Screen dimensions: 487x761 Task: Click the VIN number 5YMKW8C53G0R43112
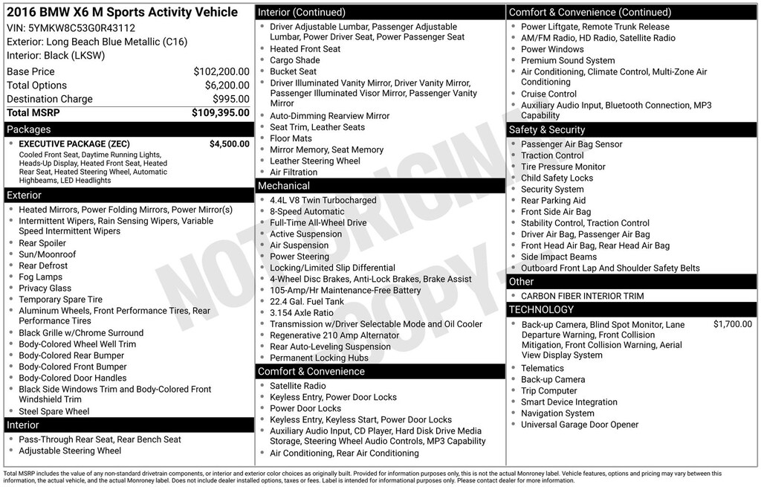click(x=82, y=28)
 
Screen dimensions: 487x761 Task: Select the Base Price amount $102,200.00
click(x=221, y=71)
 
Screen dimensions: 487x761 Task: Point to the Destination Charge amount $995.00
click(x=230, y=99)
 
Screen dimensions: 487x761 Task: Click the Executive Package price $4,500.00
click(x=229, y=144)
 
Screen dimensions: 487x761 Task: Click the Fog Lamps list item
click(x=41, y=277)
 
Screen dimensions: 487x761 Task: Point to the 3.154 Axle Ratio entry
click(x=302, y=313)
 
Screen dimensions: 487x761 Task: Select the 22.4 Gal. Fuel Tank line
click(x=307, y=302)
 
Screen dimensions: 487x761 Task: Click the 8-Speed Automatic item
click(x=307, y=212)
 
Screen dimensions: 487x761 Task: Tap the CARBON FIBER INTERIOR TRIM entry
click(x=582, y=296)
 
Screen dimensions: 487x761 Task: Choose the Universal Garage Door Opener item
click(x=580, y=425)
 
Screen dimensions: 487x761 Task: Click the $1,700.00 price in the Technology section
click(x=732, y=324)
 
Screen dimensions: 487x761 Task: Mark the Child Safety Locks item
click(x=557, y=178)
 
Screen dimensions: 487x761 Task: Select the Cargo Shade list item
click(x=294, y=60)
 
